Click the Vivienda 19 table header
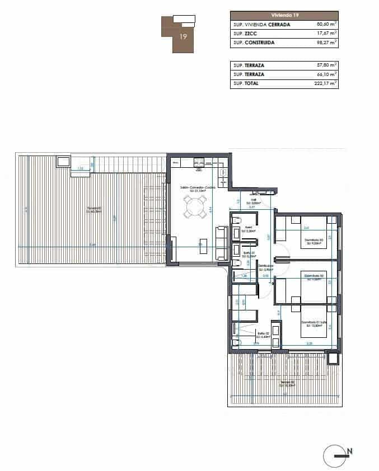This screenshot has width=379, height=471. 284,15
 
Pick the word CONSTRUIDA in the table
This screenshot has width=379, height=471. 260,43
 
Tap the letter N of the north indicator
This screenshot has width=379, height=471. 350,450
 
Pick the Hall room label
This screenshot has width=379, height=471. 254,200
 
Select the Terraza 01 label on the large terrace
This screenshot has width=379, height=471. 94,210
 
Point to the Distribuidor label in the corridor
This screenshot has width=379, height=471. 265,267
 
